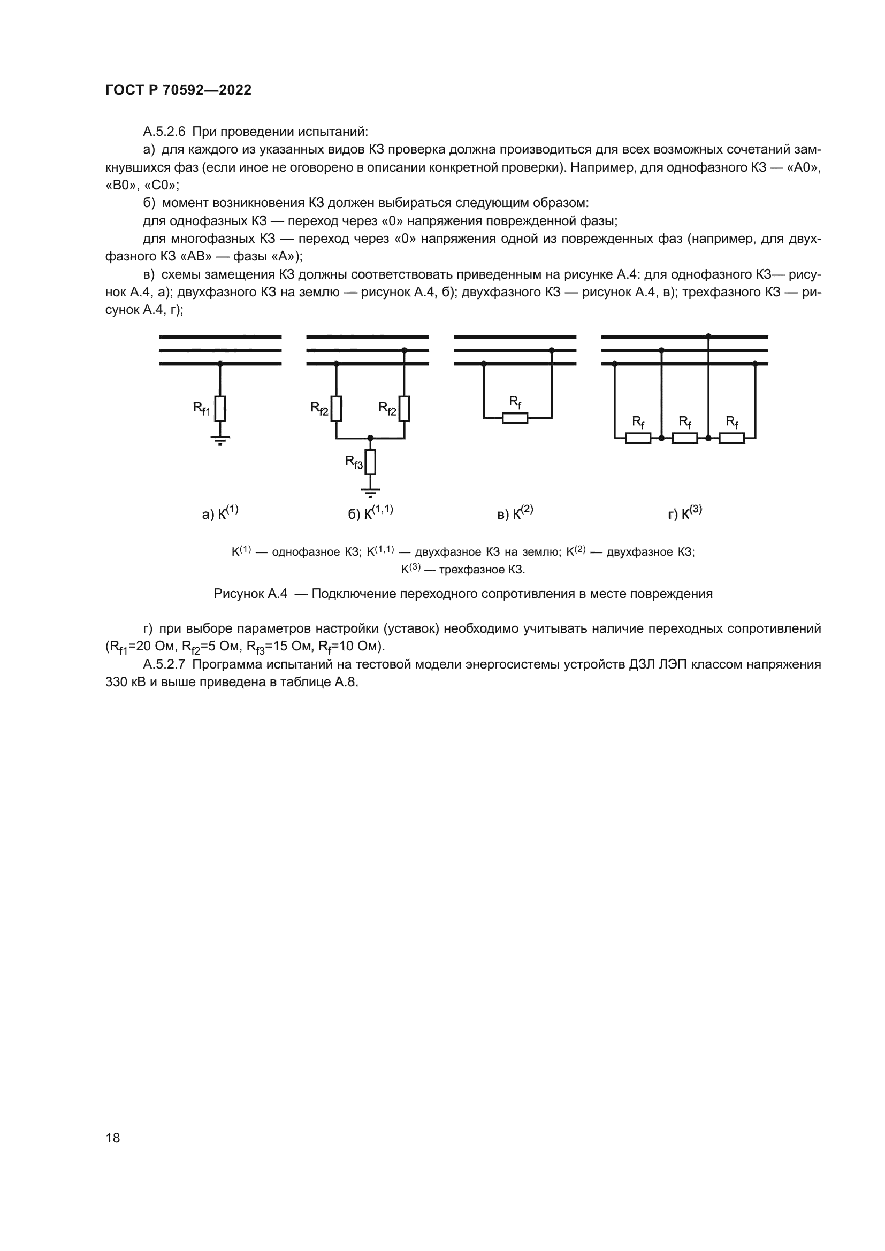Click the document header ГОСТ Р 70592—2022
(178, 90)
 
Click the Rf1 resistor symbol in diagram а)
(219, 409)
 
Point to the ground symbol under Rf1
(219, 440)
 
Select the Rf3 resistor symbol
(371, 463)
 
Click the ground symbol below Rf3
(371, 493)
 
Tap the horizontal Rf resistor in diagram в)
(515, 418)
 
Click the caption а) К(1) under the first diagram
(220, 513)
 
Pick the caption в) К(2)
(515, 513)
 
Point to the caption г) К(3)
(685, 513)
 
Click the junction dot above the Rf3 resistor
(371, 438)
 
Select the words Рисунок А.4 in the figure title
(250, 594)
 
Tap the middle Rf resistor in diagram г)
(685, 438)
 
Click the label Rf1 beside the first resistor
(202, 409)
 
